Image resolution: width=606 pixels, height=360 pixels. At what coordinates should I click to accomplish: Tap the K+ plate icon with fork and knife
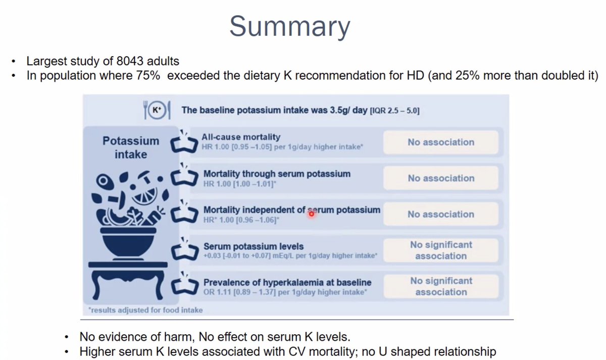158,110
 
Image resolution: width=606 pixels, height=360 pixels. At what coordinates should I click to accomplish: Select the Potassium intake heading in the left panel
130,147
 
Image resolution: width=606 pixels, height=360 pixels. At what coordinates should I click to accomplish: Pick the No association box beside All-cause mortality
440,142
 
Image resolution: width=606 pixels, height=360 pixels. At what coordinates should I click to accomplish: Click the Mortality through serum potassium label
277,174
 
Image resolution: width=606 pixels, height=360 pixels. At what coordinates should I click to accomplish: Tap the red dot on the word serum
311,214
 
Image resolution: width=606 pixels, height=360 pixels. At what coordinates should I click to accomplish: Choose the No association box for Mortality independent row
440,214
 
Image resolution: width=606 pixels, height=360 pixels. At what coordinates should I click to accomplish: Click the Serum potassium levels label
254,246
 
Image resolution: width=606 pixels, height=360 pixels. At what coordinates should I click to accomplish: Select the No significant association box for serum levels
440,250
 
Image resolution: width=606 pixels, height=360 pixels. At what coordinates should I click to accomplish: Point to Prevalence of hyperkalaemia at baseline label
287,282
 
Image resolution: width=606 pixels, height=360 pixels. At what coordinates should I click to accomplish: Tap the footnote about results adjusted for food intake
146,310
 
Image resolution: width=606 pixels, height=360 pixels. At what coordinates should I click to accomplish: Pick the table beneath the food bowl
128,280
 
